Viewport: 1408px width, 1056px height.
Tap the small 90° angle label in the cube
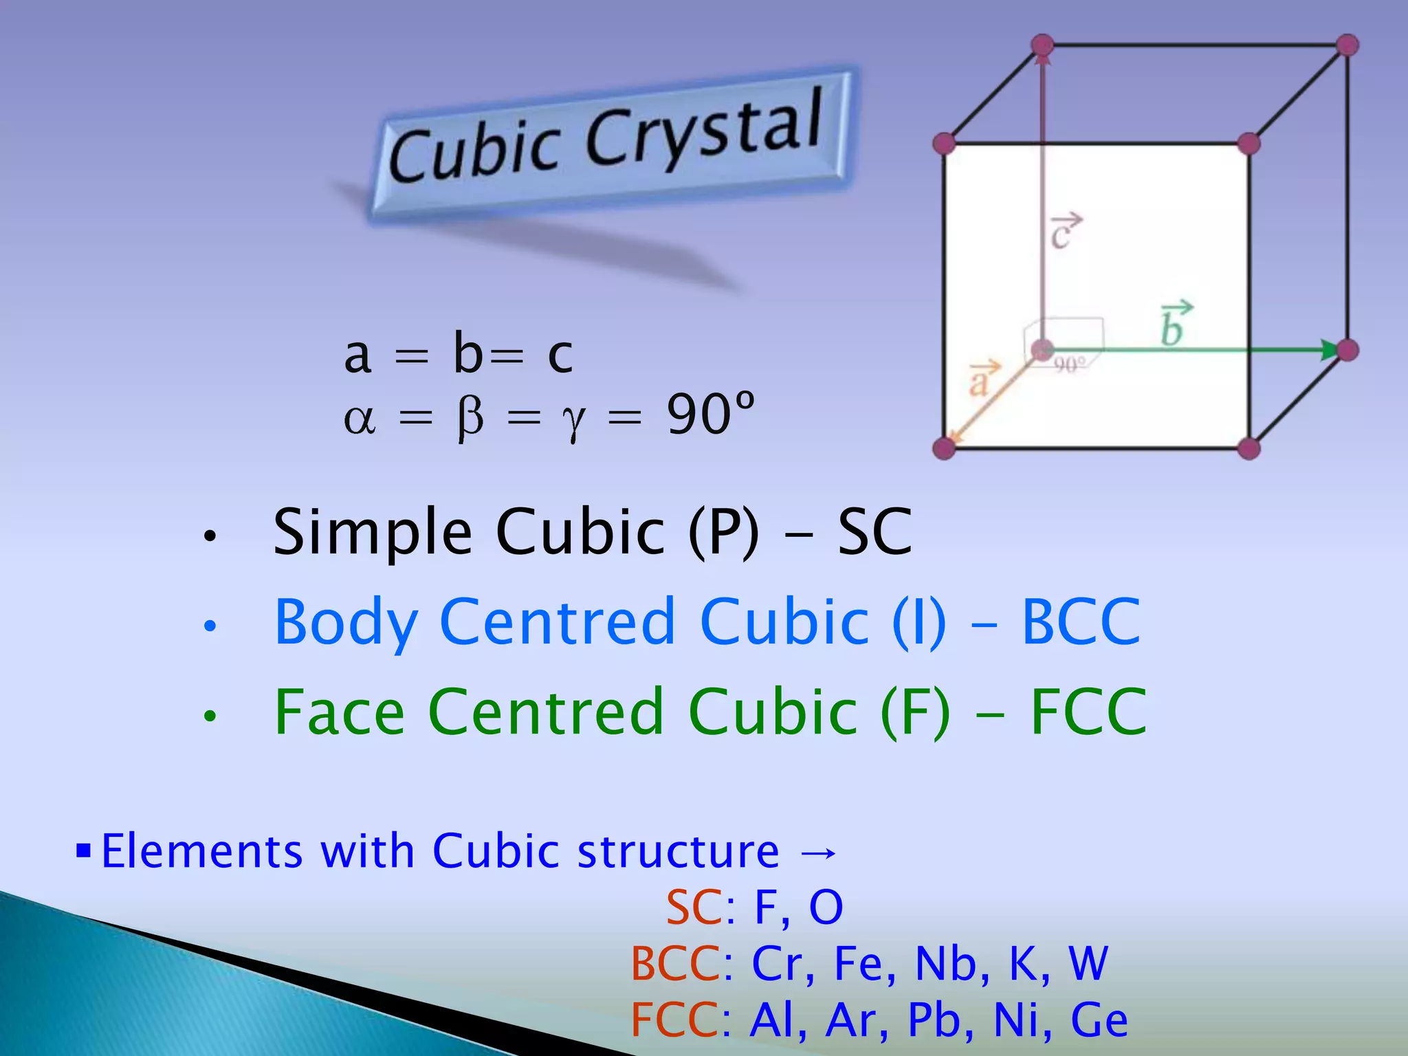pos(1070,364)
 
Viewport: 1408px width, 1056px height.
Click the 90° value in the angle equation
pos(710,415)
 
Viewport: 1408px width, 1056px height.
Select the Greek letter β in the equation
pos(470,417)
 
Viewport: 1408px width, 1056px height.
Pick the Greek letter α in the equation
pos(360,417)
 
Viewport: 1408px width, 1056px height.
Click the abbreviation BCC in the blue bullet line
pos(1081,622)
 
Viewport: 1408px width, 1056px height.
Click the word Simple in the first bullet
pos(373,533)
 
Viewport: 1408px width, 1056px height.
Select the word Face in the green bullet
pos(340,712)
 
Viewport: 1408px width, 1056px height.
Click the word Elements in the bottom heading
pos(202,851)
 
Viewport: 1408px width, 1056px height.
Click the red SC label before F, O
pos(694,907)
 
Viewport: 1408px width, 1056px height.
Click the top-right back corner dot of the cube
pos(1347,45)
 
